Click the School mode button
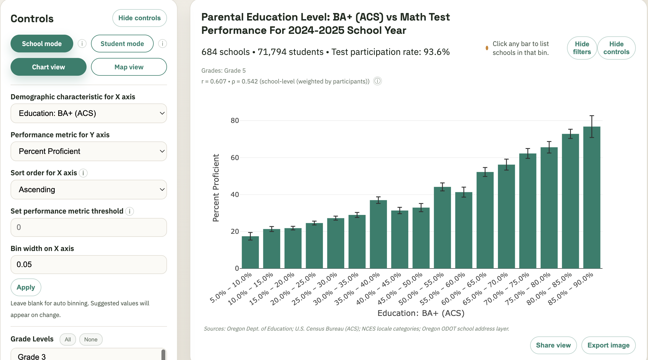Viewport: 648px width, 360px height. coord(42,44)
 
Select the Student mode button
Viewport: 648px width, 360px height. coord(122,44)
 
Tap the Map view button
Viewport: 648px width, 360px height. coord(129,67)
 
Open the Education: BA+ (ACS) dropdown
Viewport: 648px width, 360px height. coord(88,113)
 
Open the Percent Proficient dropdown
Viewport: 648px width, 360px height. coord(88,151)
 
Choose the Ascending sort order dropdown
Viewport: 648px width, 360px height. coord(88,189)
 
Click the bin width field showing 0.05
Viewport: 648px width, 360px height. coord(88,264)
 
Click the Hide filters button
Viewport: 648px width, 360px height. coord(582,48)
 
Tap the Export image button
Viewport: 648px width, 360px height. coord(608,345)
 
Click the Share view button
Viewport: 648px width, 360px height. coord(553,345)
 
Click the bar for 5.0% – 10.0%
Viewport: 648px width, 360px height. coord(250,252)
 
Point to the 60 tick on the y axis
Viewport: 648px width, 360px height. coord(235,158)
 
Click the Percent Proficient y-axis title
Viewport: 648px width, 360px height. coord(216,188)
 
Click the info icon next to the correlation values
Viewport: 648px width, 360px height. coord(377,81)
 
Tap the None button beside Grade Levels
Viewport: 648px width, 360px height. coord(91,339)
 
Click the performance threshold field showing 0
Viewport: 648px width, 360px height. coord(88,227)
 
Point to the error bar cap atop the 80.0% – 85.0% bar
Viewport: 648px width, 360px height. coord(570,129)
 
